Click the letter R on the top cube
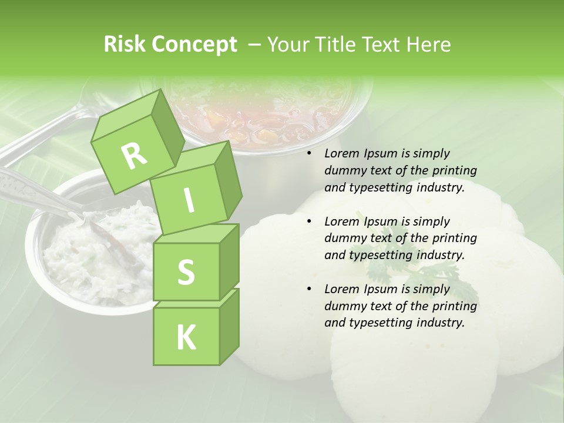click(134, 156)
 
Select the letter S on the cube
click(186, 272)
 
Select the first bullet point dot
click(310, 154)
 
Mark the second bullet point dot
click(310, 222)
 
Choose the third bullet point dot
click(310, 290)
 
